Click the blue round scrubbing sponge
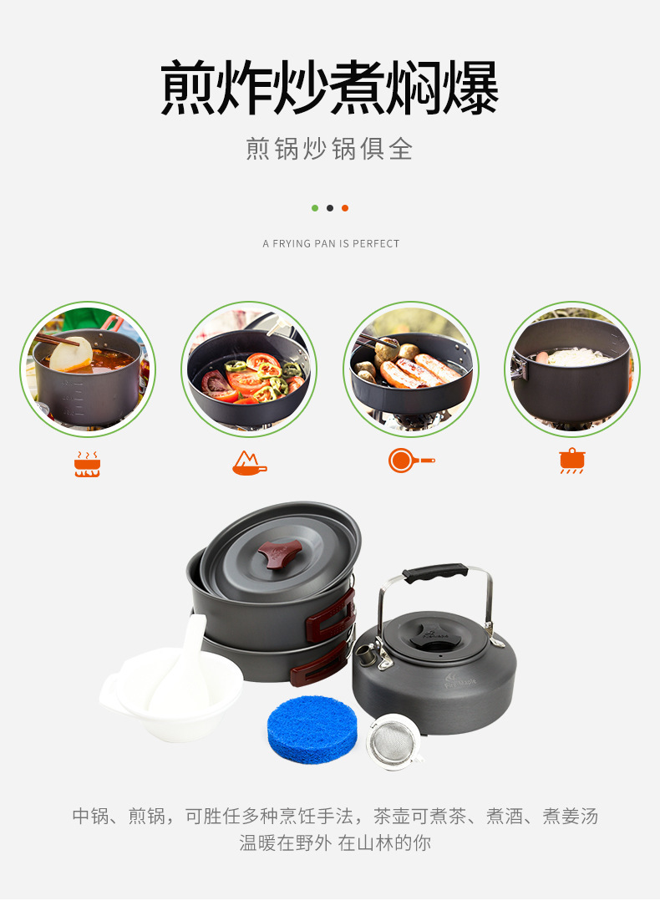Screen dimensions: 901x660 (312, 730)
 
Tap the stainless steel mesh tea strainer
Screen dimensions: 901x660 (393, 741)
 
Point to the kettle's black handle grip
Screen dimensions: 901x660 (435, 573)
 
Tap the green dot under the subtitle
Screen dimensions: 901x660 (315, 208)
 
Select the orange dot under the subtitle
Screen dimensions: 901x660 (345, 208)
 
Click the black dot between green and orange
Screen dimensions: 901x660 (330, 208)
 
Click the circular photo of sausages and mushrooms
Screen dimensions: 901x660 (410, 369)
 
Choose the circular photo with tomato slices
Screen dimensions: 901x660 (249, 369)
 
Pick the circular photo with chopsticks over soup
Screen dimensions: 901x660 (87, 369)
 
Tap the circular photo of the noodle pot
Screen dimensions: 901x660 (572, 369)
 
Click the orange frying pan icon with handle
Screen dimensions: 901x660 (410, 461)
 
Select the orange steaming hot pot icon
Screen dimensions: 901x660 (87, 463)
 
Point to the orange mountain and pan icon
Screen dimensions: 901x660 (249, 462)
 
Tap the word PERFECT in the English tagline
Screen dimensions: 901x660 (376, 244)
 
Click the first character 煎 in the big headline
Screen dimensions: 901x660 (190, 88)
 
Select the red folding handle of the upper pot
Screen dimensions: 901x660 (331, 616)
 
